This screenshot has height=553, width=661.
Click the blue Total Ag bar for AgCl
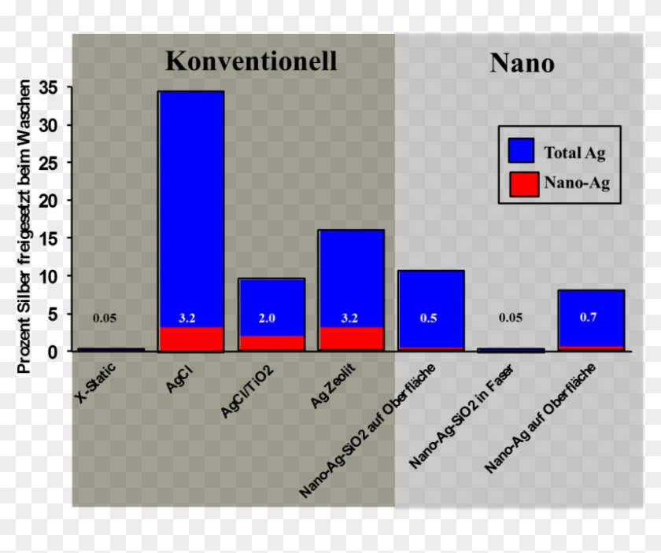[x=190, y=205]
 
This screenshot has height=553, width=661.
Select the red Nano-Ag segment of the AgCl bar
[x=190, y=339]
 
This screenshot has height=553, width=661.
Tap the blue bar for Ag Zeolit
[x=351, y=275]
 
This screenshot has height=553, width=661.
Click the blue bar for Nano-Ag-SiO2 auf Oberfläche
[x=431, y=299]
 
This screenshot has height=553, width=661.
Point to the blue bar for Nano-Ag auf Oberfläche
[x=590, y=307]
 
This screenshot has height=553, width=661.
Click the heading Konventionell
[x=251, y=61]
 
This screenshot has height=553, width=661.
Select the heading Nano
[x=522, y=63]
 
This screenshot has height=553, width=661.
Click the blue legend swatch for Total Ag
[x=522, y=151]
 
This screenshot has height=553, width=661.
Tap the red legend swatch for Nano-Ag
[x=522, y=184]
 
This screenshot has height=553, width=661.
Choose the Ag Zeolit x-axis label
[x=334, y=386]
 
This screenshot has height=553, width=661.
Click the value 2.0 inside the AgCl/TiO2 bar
[x=268, y=319]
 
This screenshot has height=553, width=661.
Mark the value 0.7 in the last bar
[x=589, y=319]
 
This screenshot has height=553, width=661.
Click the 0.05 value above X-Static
[x=105, y=319]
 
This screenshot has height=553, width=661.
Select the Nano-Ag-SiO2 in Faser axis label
[x=450, y=418]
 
